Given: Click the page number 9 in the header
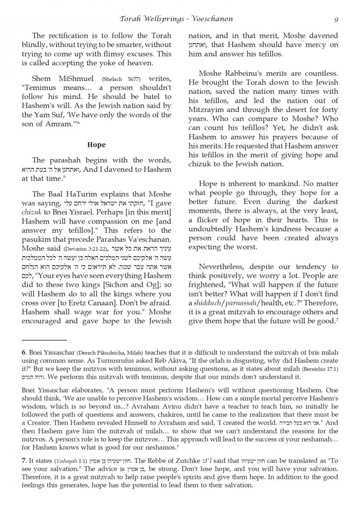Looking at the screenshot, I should tap(336, 19).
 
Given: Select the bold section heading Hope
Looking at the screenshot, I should tap(96, 145).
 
